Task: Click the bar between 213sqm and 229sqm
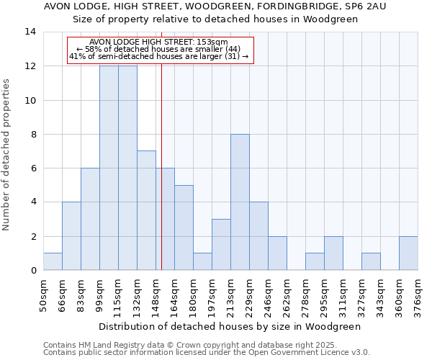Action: click(x=240, y=202)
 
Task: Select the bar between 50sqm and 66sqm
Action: click(x=53, y=261)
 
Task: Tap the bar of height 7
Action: click(x=146, y=210)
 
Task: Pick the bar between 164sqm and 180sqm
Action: click(x=184, y=228)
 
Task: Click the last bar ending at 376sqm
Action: click(x=408, y=253)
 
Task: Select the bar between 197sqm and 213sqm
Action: click(x=221, y=245)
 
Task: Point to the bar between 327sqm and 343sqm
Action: click(x=371, y=261)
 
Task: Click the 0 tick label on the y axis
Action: click(x=32, y=271)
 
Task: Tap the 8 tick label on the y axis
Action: click(x=32, y=135)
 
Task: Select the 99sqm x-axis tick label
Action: click(x=99, y=295)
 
